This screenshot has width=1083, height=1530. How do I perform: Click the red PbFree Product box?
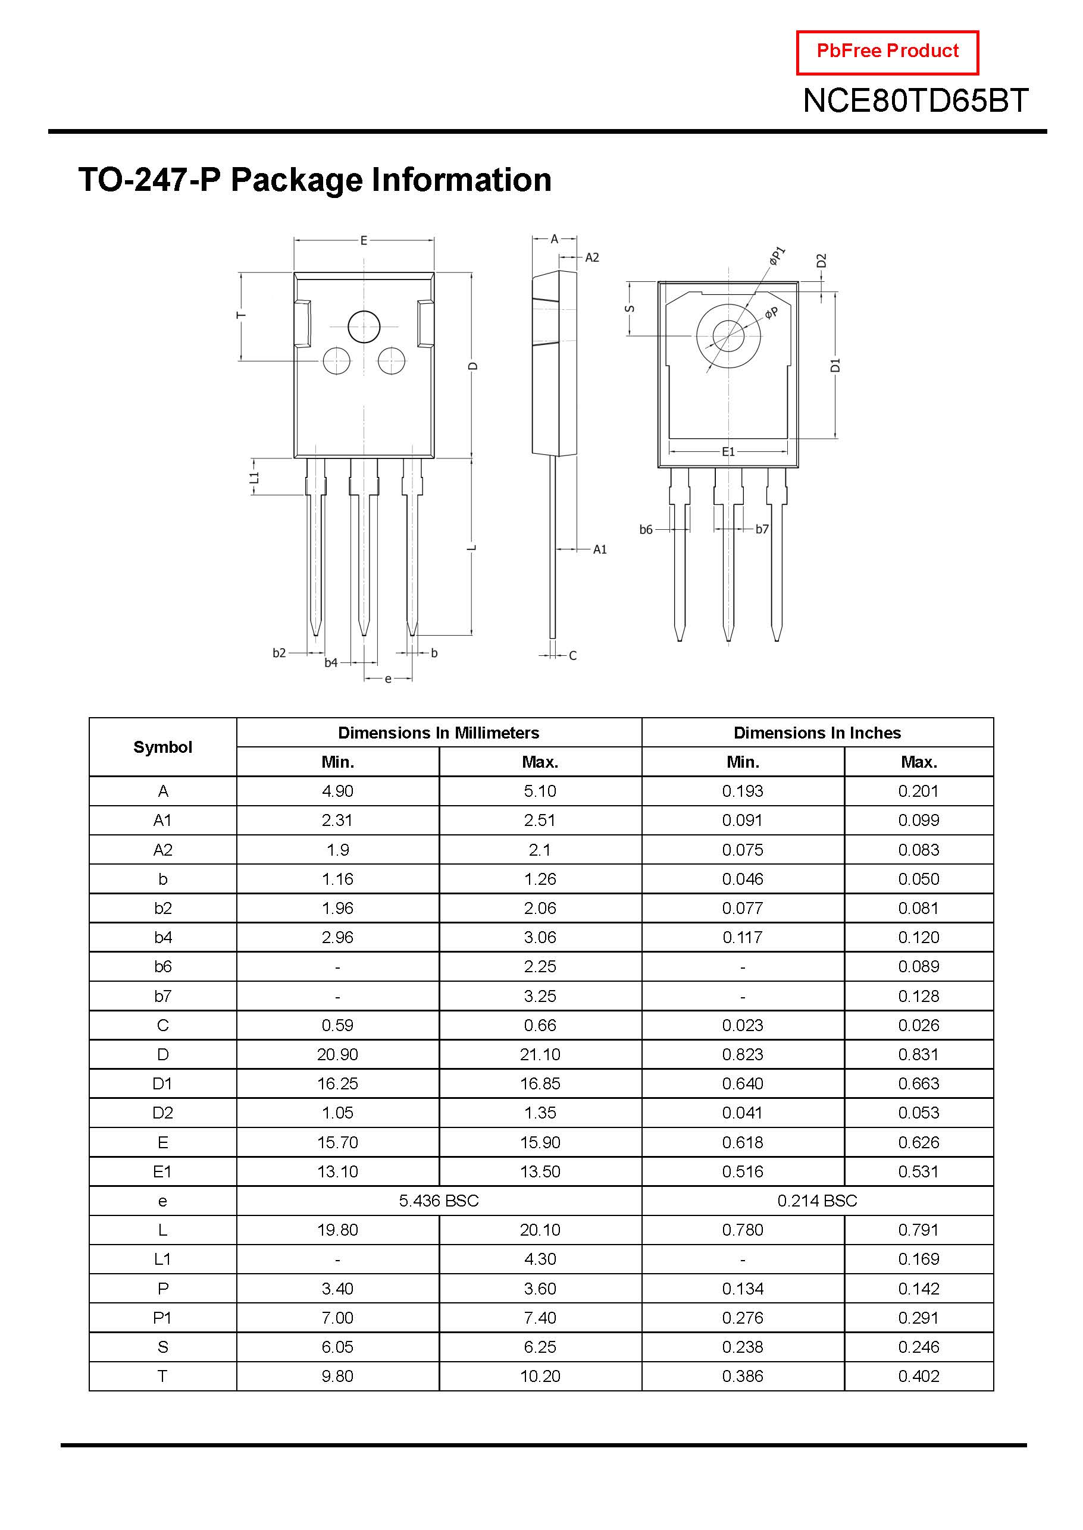(x=887, y=52)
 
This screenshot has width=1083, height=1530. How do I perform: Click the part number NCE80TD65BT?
(x=915, y=101)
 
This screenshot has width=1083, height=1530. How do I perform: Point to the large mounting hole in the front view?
(x=364, y=326)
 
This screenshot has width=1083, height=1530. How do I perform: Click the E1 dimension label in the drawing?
(x=728, y=452)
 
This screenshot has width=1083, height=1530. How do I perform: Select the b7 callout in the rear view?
(x=762, y=529)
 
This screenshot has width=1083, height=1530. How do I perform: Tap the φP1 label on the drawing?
(x=777, y=255)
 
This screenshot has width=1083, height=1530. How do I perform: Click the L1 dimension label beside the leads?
(x=254, y=477)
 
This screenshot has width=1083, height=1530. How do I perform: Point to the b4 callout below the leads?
(x=331, y=662)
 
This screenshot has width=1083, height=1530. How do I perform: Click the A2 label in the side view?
(x=591, y=257)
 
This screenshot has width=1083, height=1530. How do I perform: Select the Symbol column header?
(x=162, y=747)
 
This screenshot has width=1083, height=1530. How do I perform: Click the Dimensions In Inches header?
(x=817, y=733)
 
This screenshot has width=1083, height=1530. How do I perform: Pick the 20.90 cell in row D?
(x=337, y=1054)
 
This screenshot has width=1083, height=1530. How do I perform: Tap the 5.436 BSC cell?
(x=439, y=1201)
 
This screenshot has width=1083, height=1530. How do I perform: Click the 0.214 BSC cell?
(x=817, y=1201)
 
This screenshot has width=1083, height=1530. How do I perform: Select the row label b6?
(x=162, y=967)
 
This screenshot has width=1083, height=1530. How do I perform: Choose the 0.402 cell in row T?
(x=918, y=1376)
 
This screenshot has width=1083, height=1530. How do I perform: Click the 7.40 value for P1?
(x=540, y=1318)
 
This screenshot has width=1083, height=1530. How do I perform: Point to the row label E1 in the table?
(x=162, y=1171)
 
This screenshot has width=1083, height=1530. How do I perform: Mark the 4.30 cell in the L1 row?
(x=540, y=1259)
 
